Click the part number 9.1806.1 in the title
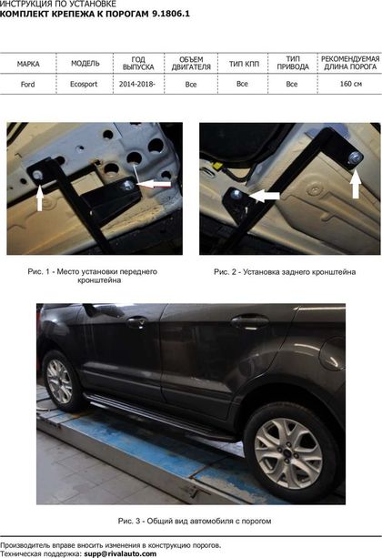click(x=171, y=15)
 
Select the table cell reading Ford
click(x=28, y=85)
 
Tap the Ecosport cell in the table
click(x=84, y=85)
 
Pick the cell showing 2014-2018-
click(x=137, y=84)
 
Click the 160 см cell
click(x=351, y=84)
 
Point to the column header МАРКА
click(x=28, y=64)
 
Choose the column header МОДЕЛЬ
click(x=85, y=64)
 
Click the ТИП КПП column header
click(x=244, y=64)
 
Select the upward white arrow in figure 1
click(x=40, y=198)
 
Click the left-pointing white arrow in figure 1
click(x=154, y=184)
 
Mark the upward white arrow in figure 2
click(x=356, y=185)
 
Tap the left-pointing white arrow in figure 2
click(x=265, y=196)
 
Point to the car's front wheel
click(x=61, y=380)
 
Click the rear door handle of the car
click(x=250, y=321)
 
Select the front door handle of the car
click(x=137, y=322)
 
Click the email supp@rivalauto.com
click(x=120, y=553)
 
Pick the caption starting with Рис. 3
click(x=195, y=521)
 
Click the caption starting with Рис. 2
click(x=285, y=272)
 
